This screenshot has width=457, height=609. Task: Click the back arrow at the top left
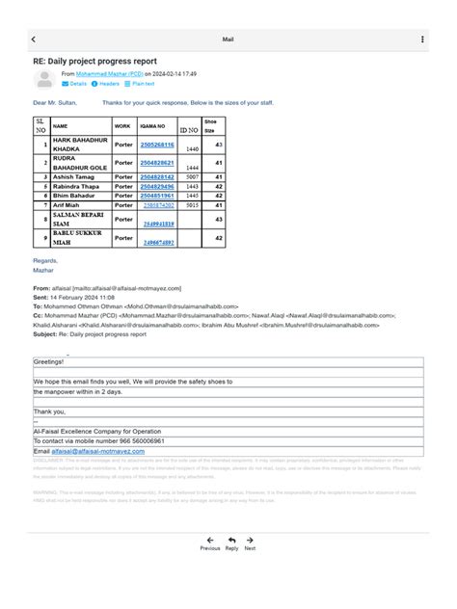pyautogui.click(x=34, y=40)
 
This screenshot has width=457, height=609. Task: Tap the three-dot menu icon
pyautogui.click(x=422, y=40)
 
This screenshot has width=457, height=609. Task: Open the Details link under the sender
pyautogui.click(x=74, y=84)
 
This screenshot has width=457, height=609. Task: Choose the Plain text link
pyautogui.click(x=139, y=84)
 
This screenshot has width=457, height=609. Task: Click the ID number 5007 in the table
pyautogui.click(x=192, y=177)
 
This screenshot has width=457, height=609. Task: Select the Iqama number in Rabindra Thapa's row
pyautogui.click(x=157, y=186)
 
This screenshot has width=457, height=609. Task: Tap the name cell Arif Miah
pyautogui.click(x=67, y=205)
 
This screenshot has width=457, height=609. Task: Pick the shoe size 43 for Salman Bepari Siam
pyautogui.click(x=219, y=220)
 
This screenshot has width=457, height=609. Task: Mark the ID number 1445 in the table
pyautogui.click(x=192, y=196)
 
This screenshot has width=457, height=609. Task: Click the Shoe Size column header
pyautogui.click(x=211, y=125)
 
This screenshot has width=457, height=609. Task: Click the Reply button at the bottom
pyautogui.click(x=231, y=543)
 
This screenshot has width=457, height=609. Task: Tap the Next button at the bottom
pyautogui.click(x=250, y=543)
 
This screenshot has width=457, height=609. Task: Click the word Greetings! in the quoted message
pyautogui.click(x=48, y=361)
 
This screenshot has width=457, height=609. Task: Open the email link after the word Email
pyautogui.click(x=97, y=450)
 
